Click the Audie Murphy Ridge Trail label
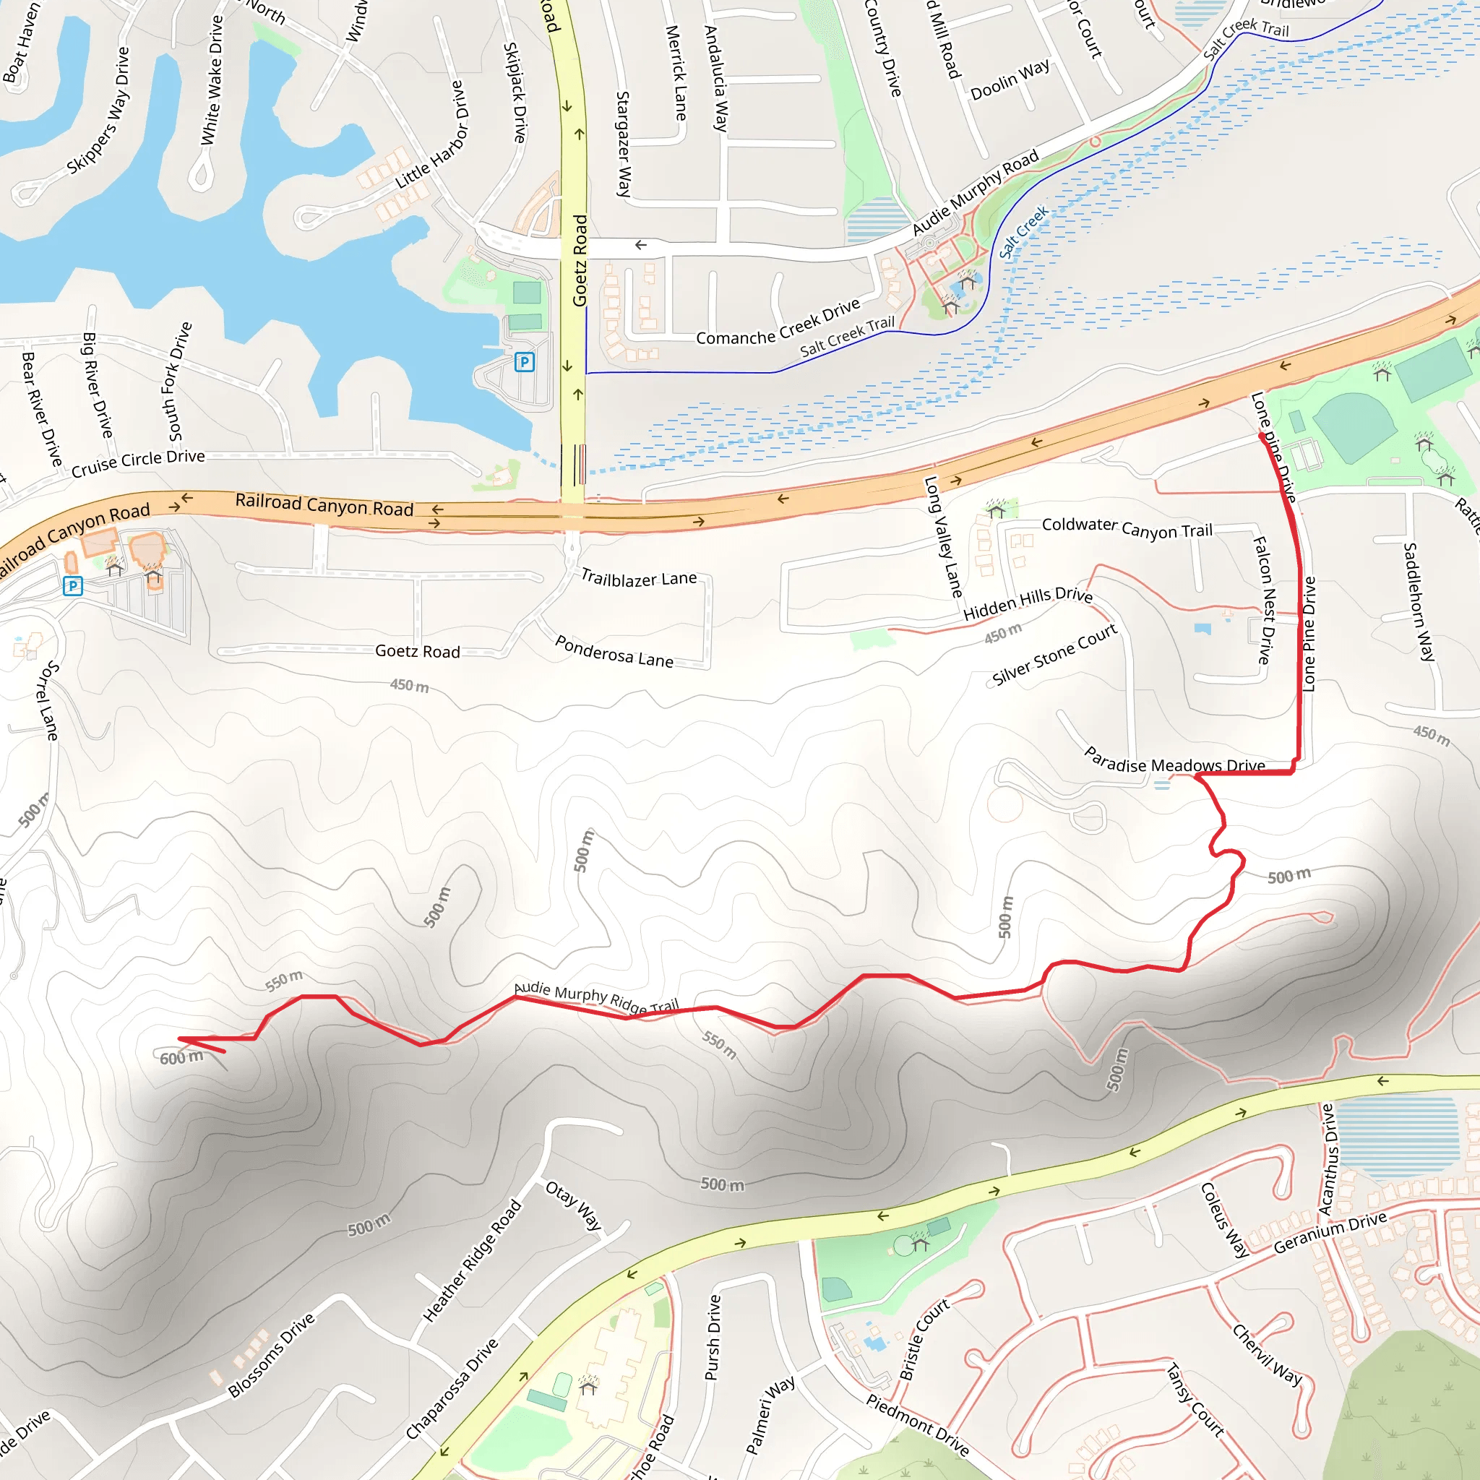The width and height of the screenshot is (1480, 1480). point(596,997)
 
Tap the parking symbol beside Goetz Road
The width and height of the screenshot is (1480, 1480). point(524,361)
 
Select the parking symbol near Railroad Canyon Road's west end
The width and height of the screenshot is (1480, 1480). point(73,587)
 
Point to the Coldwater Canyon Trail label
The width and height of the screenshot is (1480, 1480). point(1127,528)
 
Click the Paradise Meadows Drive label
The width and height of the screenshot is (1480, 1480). point(1174,762)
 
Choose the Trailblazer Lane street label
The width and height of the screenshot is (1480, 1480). point(639,578)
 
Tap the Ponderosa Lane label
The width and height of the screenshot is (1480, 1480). point(614,652)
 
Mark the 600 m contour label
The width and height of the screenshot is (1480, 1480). point(181,1058)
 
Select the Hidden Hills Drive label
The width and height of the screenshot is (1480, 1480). point(1028,603)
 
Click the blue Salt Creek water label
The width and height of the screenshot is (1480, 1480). point(1023,232)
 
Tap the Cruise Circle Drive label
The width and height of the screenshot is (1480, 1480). point(138,462)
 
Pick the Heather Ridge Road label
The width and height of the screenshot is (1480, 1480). point(472,1261)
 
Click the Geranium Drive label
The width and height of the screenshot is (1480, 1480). point(1330,1233)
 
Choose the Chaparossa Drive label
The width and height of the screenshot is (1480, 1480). point(451,1389)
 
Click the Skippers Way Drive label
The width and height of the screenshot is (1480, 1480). point(98,111)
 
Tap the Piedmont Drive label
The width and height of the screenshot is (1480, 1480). point(918,1425)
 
